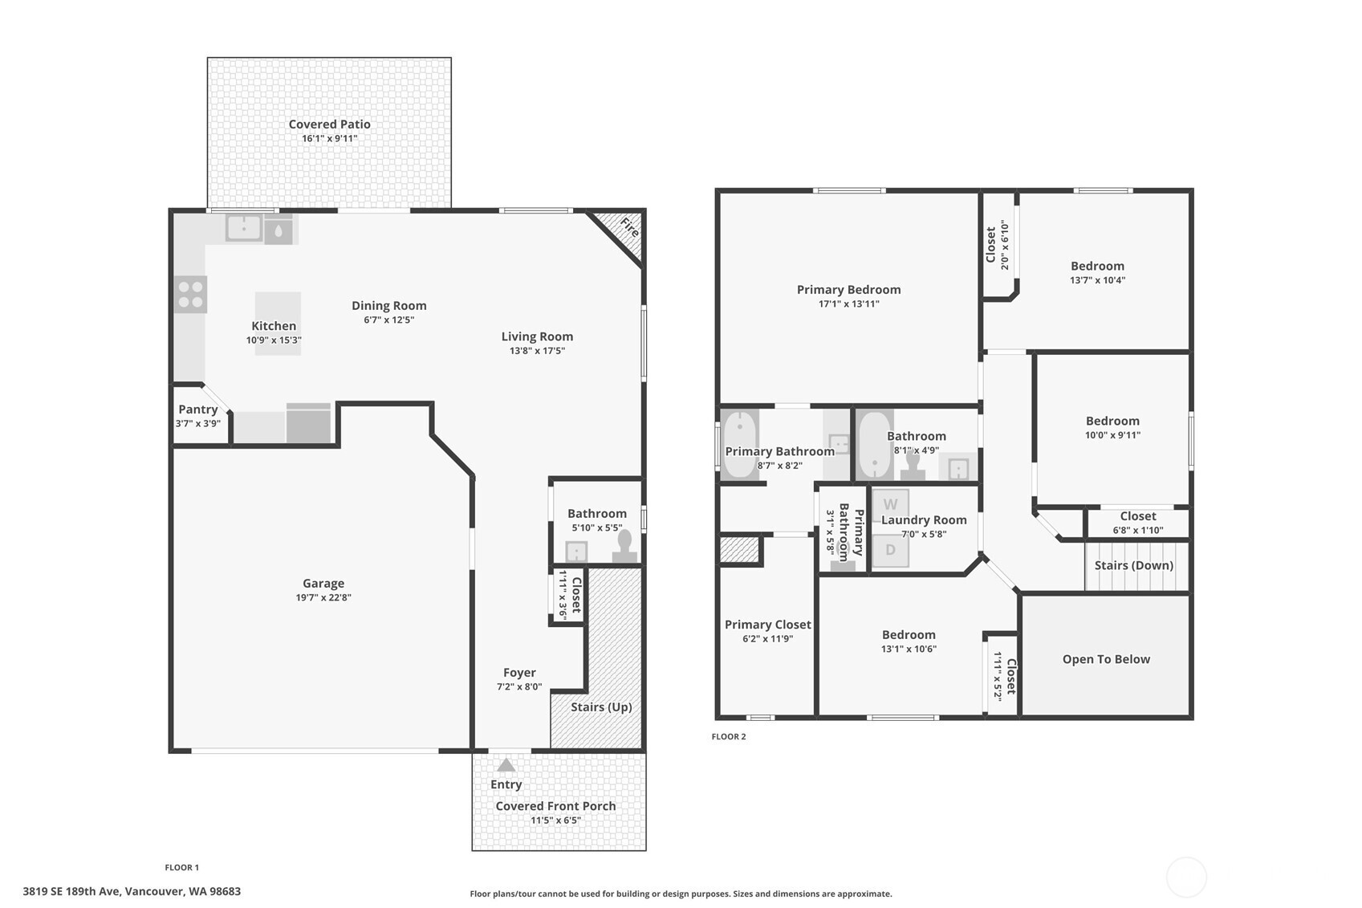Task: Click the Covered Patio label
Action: click(330, 124)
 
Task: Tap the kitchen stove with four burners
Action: click(190, 295)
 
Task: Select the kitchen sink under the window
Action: click(244, 228)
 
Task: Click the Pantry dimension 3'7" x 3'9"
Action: click(198, 423)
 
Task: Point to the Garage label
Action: click(323, 583)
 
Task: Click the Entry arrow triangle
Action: click(506, 765)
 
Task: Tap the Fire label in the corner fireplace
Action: click(630, 228)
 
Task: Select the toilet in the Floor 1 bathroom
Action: click(624, 547)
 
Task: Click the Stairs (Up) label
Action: click(601, 706)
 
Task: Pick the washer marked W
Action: click(891, 504)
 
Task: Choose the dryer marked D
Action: click(891, 551)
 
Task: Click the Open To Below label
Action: click(1106, 659)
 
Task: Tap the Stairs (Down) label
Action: click(1134, 565)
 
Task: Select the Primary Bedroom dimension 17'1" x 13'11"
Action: click(849, 304)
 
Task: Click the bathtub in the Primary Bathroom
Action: click(739, 445)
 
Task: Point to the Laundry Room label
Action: click(924, 520)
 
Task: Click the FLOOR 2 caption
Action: click(729, 736)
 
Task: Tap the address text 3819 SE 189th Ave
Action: click(72, 892)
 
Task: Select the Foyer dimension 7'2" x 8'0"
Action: click(519, 686)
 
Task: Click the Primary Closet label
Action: click(768, 625)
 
